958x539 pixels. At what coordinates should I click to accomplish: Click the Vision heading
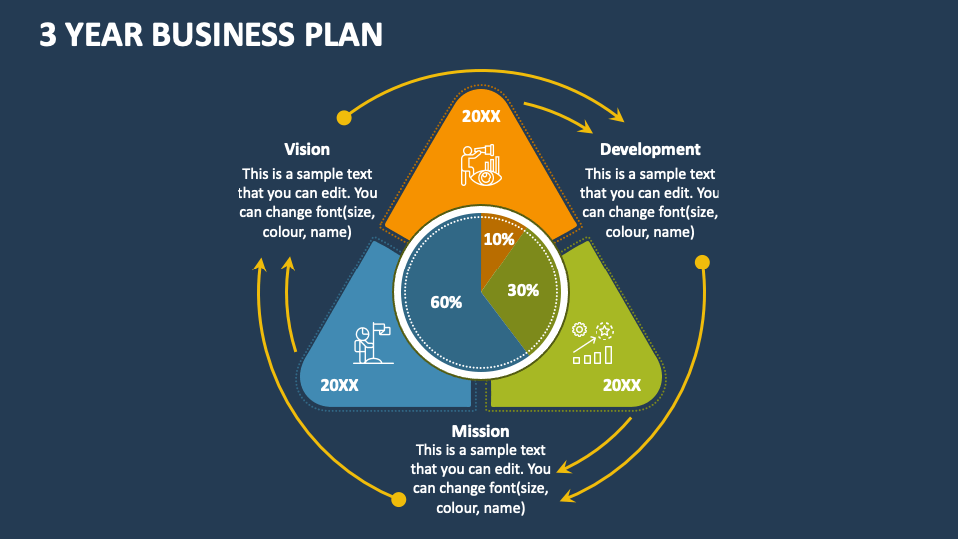[307, 149]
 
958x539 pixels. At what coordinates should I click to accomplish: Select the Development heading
[650, 149]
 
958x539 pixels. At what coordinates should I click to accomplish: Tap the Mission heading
[480, 431]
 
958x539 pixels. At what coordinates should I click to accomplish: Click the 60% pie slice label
[446, 302]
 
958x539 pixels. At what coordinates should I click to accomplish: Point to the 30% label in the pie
[523, 290]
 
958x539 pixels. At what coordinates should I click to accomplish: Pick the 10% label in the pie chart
[499, 239]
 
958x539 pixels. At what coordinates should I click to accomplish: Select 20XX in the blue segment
[339, 384]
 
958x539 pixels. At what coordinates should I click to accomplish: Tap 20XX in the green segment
[622, 384]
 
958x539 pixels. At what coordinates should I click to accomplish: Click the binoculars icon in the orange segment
[480, 164]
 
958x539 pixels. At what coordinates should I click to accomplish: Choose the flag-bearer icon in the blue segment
[371, 341]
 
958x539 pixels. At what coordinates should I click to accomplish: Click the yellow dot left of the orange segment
[344, 118]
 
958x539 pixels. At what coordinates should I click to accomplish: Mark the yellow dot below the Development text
[702, 263]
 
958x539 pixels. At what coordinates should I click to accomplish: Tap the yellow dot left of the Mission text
[398, 498]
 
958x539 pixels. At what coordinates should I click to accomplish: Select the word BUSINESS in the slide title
[224, 35]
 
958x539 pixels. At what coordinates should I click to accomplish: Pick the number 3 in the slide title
[47, 35]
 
